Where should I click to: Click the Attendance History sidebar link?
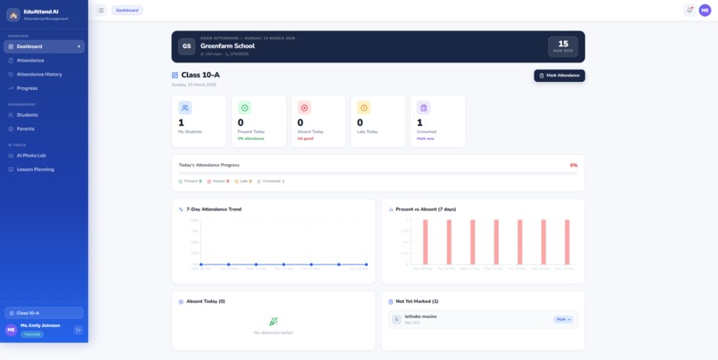(x=39, y=74)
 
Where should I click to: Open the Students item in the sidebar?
(x=27, y=115)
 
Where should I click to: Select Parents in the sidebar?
(x=25, y=128)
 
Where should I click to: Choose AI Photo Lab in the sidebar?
(x=31, y=155)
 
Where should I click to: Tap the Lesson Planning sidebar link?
(x=35, y=168)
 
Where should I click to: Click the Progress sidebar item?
(x=27, y=88)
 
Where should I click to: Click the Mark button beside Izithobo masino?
(x=562, y=319)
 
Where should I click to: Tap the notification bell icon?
(x=689, y=10)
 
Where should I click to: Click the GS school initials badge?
(x=187, y=46)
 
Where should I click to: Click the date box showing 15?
(x=563, y=46)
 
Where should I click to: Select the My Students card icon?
(x=184, y=108)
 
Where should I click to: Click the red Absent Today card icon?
(x=304, y=108)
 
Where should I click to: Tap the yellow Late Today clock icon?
(x=363, y=108)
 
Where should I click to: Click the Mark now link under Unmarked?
(x=426, y=138)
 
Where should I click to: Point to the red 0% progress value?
(x=574, y=165)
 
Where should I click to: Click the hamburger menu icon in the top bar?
(x=101, y=11)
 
